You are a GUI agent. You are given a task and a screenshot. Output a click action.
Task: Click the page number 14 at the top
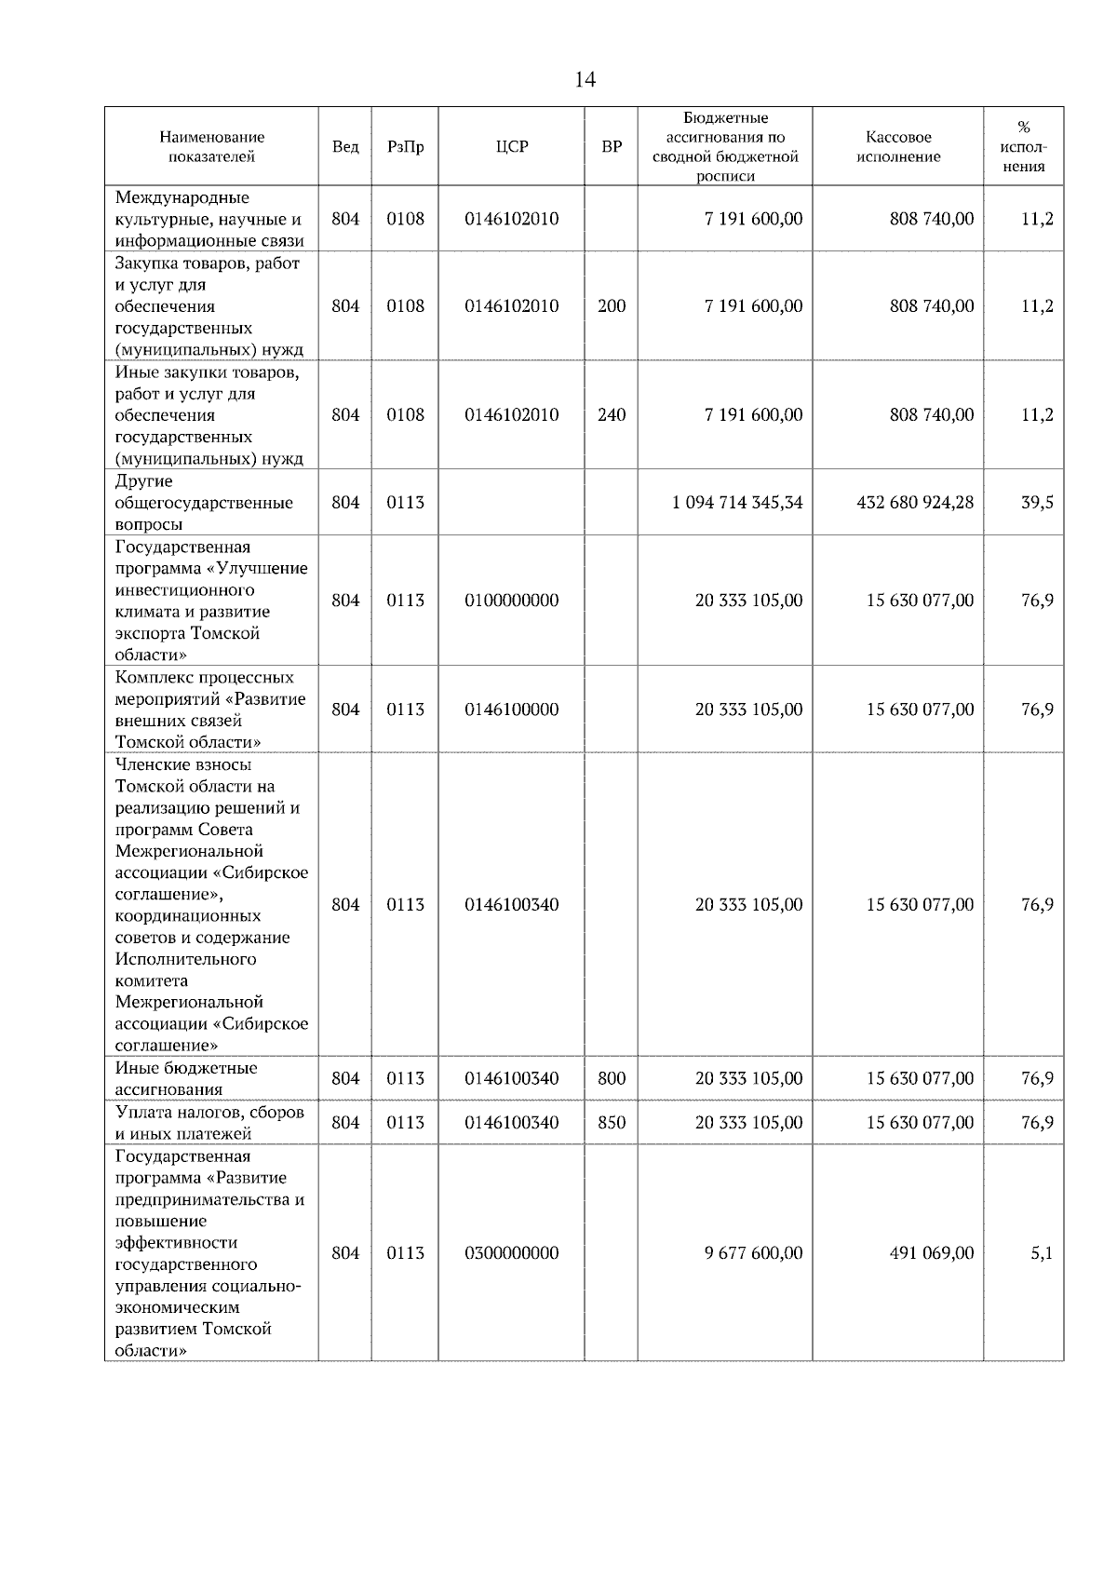pyautogui.click(x=585, y=80)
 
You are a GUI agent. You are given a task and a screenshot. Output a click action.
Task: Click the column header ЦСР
pyautogui.click(x=512, y=147)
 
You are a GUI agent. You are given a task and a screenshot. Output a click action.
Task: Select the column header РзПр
pyautogui.click(x=405, y=147)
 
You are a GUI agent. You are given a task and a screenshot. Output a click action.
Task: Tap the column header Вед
pyautogui.click(x=345, y=147)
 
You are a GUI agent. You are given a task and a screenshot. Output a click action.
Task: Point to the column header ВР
pyautogui.click(x=612, y=147)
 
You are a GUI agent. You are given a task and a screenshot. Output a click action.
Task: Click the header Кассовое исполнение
pyautogui.click(x=898, y=147)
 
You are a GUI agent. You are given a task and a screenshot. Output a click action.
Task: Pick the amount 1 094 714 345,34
pyautogui.click(x=737, y=503)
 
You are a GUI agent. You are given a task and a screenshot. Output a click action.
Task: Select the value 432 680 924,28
pyautogui.click(x=915, y=503)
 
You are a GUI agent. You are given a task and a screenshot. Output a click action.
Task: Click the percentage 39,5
pyautogui.click(x=1037, y=503)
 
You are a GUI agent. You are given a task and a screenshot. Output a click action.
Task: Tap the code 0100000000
pyautogui.click(x=512, y=601)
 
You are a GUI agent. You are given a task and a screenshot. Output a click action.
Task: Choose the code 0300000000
pyautogui.click(x=512, y=1253)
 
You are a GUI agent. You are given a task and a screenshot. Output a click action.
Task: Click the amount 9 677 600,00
pyautogui.click(x=753, y=1253)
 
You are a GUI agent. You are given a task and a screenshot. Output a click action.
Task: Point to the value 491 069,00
pyautogui.click(x=932, y=1253)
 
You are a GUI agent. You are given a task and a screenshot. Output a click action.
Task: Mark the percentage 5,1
pyautogui.click(x=1042, y=1253)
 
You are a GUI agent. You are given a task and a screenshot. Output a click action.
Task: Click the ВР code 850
pyautogui.click(x=612, y=1123)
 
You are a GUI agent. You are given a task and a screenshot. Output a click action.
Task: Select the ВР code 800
pyautogui.click(x=612, y=1079)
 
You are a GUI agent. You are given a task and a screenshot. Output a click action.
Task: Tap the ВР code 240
pyautogui.click(x=612, y=415)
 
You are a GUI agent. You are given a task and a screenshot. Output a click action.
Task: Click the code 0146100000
pyautogui.click(x=512, y=709)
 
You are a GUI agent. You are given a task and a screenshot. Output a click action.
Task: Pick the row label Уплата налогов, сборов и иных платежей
pyautogui.click(x=209, y=1123)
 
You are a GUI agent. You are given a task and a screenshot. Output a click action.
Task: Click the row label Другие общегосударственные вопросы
pyautogui.click(x=204, y=503)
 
